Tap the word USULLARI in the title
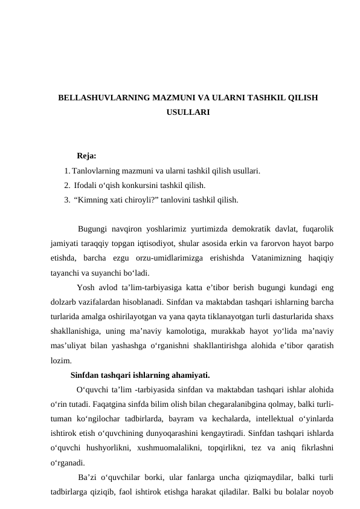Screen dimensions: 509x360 click(x=188, y=112)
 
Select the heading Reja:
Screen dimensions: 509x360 click(x=87, y=157)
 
